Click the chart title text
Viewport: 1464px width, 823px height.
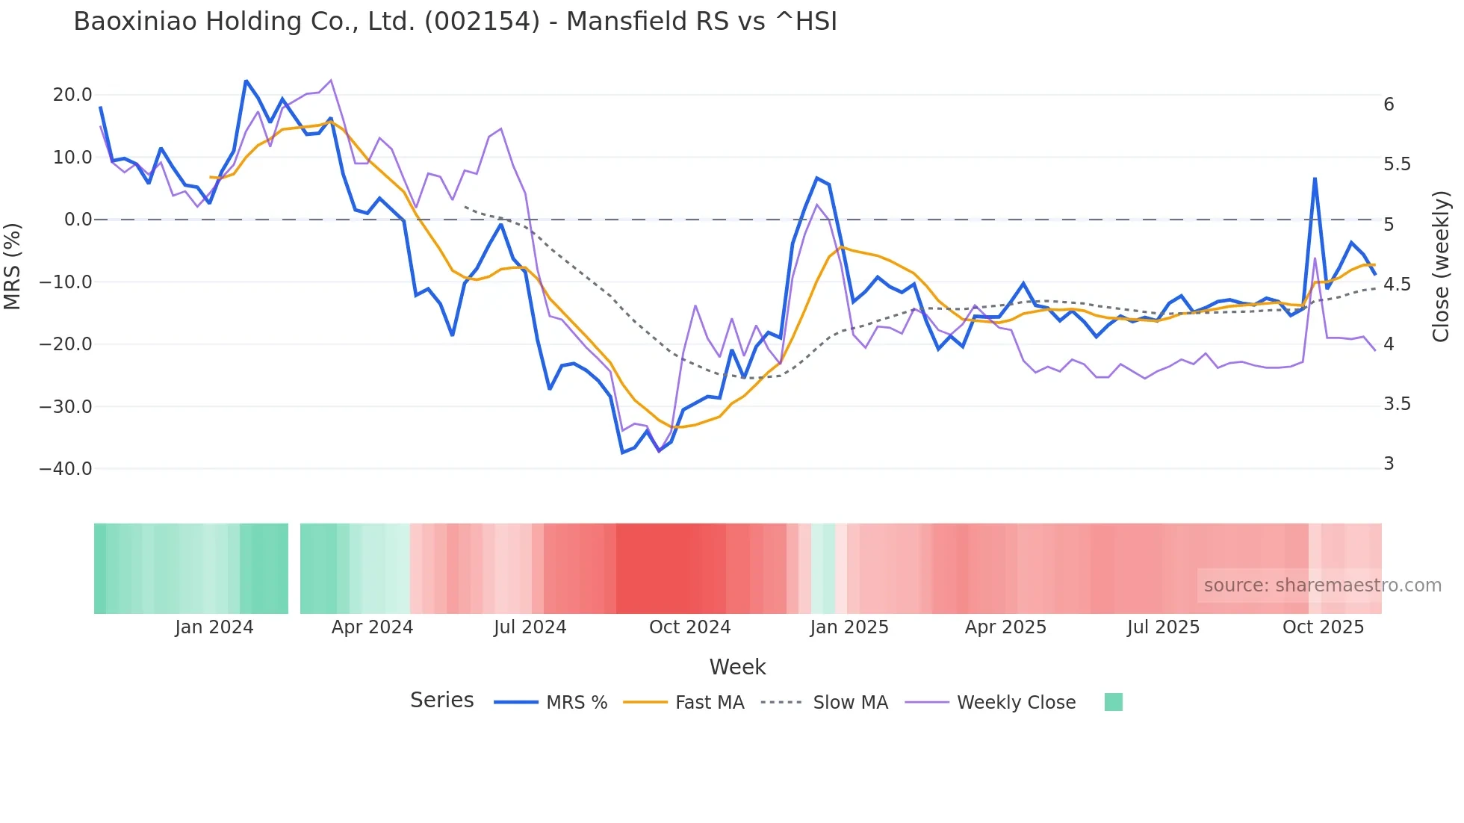(455, 22)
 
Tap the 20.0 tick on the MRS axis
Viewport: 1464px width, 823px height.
(72, 95)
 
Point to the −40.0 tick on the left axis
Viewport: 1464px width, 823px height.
(66, 469)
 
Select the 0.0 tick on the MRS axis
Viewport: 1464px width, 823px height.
(78, 220)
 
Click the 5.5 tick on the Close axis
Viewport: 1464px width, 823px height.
(1397, 164)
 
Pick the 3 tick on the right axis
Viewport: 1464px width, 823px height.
(1389, 464)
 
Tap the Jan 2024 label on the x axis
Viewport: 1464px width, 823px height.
(214, 627)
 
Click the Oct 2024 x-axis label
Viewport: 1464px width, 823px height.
(689, 627)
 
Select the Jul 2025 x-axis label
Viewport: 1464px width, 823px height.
(1163, 627)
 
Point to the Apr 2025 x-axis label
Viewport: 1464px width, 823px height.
(1005, 627)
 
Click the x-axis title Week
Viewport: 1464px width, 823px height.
(737, 667)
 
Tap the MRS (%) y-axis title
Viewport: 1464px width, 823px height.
(13, 266)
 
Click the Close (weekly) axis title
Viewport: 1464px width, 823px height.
(1441, 267)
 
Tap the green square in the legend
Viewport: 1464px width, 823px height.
(1113, 702)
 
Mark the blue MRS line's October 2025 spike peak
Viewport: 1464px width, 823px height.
(1315, 178)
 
